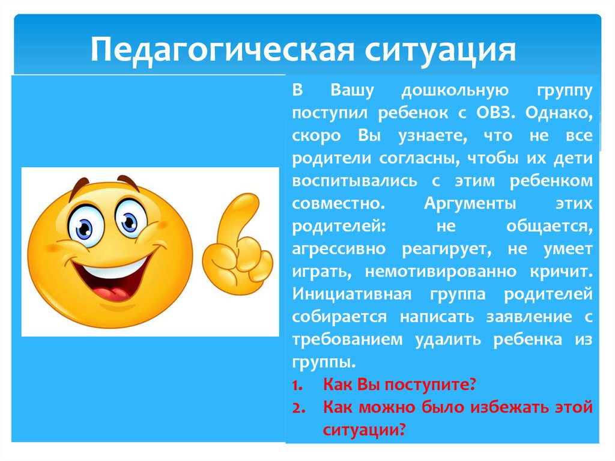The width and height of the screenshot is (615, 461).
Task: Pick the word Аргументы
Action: point(471,203)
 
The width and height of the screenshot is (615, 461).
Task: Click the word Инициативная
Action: point(351,294)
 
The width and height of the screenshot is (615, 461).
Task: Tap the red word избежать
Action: point(485,407)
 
